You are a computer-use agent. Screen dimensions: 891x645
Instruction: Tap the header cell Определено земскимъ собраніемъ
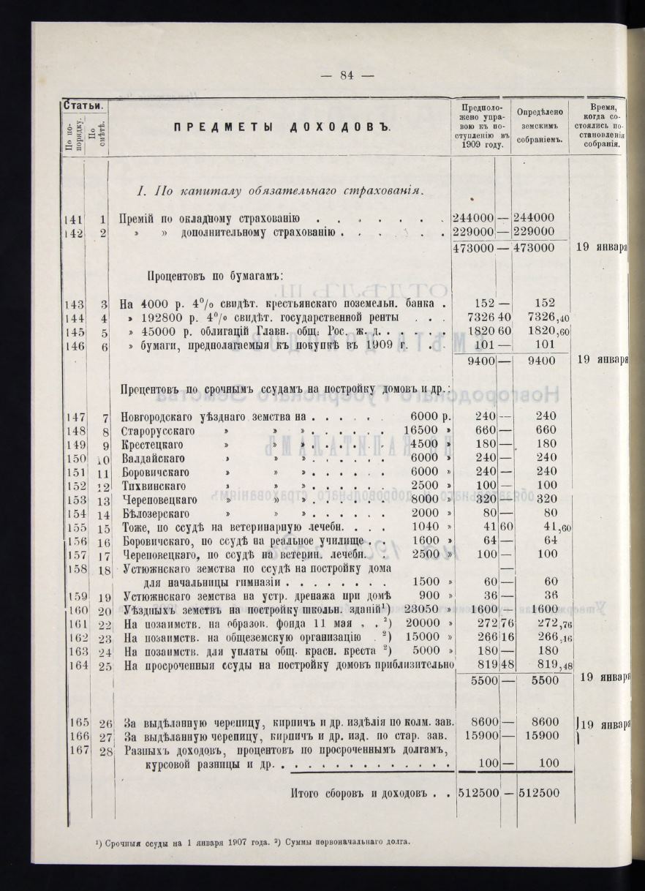(x=540, y=125)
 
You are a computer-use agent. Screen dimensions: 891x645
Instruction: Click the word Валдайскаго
(x=151, y=459)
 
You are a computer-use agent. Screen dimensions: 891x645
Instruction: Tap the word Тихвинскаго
(x=153, y=486)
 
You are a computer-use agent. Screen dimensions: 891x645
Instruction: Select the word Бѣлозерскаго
(x=154, y=514)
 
